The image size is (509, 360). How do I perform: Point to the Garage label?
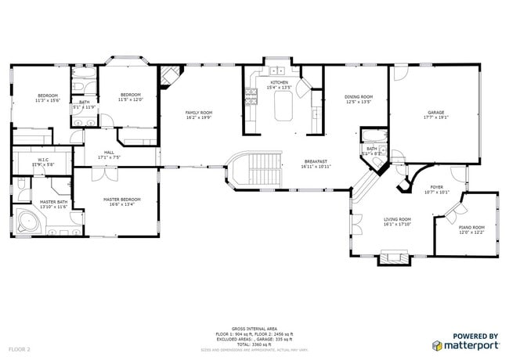point(435,114)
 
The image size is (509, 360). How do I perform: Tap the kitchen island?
point(283,106)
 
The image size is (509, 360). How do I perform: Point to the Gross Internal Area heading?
point(254,329)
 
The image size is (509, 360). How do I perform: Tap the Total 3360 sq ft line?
point(254,344)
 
